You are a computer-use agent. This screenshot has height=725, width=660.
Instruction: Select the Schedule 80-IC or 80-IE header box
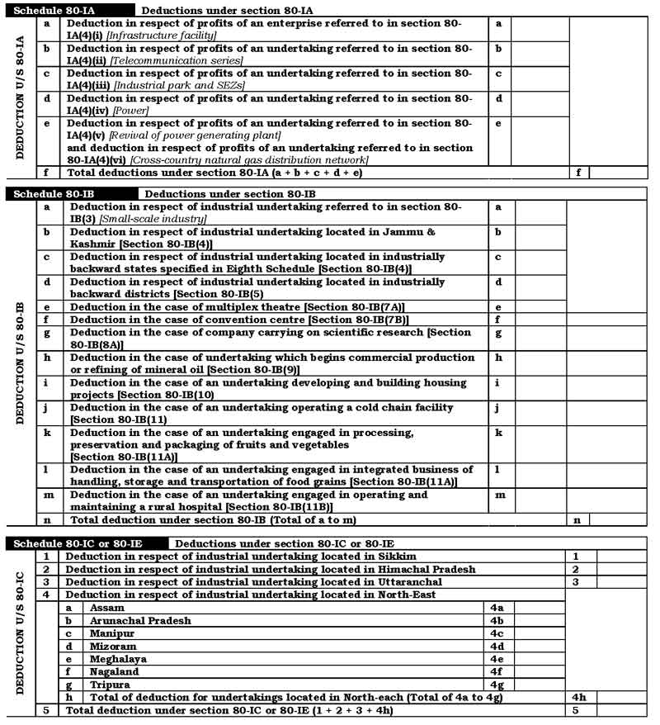pyautogui.click(x=87, y=543)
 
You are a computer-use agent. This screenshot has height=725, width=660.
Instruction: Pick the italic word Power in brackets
pyautogui.click(x=130, y=111)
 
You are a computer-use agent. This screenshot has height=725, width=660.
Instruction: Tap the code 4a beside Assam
pyautogui.click(x=497, y=608)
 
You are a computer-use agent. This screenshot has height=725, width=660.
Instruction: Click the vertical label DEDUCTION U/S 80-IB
pyautogui.click(x=20, y=363)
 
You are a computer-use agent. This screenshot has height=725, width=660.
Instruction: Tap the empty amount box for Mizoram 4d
pyautogui.click(x=540, y=646)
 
